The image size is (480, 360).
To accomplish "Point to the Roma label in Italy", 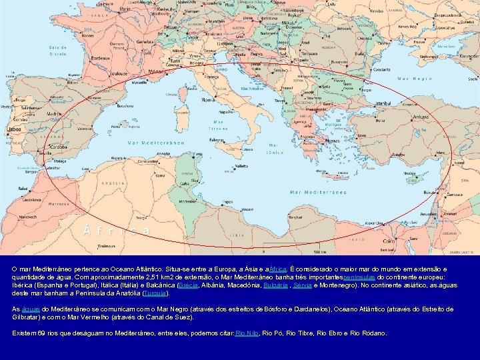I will [x=208, y=100].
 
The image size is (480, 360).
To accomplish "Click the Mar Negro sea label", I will [x=415, y=79].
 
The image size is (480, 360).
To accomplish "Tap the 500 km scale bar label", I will [x=320, y=251].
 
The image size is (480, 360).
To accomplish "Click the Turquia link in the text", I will [x=157, y=293].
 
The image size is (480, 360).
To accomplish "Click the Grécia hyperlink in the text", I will [x=188, y=285].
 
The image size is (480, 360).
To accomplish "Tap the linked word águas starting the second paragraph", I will [x=31, y=309].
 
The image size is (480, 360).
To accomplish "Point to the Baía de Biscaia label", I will [x=58, y=51].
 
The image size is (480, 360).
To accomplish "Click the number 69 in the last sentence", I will [x=42, y=333].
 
